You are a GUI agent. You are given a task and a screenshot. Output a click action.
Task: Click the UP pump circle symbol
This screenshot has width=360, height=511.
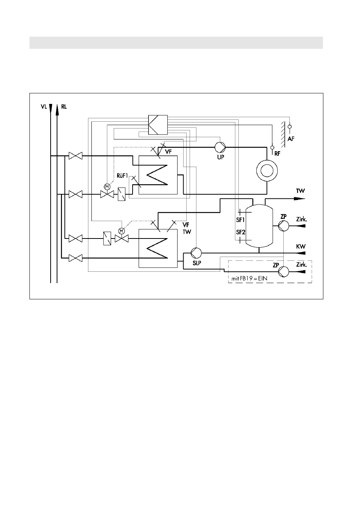click(220, 147)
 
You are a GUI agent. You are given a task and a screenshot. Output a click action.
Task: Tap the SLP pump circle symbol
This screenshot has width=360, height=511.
click(196, 253)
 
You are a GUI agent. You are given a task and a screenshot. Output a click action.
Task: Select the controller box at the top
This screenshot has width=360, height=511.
click(158, 125)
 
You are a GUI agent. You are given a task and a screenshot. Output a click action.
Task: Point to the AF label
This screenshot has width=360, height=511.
click(291, 138)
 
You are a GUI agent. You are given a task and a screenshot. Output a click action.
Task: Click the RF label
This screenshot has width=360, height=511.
click(277, 153)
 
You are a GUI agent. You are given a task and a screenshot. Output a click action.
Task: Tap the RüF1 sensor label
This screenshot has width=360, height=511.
click(122, 176)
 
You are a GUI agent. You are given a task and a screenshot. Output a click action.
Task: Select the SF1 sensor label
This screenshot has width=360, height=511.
click(240, 220)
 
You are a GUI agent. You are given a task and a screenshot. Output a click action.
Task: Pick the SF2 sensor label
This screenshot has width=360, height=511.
click(241, 232)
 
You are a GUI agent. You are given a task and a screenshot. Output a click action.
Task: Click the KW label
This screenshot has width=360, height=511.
click(301, 246)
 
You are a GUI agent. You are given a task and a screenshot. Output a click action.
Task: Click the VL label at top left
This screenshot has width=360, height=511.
click(44, 107)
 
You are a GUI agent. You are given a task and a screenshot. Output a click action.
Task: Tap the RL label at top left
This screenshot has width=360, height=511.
click(64, 107)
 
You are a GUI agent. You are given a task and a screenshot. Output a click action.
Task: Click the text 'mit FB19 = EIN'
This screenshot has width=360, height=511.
click(249, 279)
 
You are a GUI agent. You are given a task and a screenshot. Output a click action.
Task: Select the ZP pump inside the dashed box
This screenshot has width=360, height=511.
click(283, 271)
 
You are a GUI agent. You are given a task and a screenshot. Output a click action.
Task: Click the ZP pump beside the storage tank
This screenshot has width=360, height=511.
click(283, 226)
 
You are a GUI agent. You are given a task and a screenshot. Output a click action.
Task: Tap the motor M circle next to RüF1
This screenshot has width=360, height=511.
click(107, 187)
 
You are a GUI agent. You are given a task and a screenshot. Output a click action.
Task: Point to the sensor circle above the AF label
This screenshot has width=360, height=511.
click(290, 127)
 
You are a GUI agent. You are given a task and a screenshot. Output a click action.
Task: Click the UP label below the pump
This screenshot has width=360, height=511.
click(221, 157)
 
